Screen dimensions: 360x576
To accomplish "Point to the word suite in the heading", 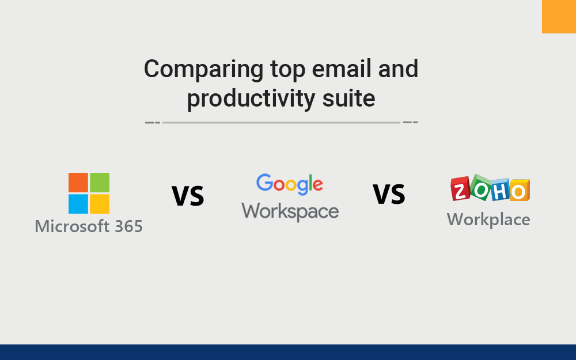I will click(x=349, y=98).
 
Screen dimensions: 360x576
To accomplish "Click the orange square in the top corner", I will click(x=559, y=16).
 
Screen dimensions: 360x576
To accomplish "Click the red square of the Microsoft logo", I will click(x=78, y=183).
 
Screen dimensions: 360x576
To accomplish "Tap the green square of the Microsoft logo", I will click(x=100, y=183).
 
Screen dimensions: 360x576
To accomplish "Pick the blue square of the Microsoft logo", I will click(x=78, y=204).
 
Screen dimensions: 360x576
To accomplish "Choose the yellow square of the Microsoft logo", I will click(x=100, y=204).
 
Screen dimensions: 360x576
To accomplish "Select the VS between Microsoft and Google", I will click(x=188, y=196).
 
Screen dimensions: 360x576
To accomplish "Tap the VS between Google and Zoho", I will click(x=389, y=195).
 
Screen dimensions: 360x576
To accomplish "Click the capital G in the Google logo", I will click(x=265, y=183).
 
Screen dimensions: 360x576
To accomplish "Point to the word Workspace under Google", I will click(x=290, y=211).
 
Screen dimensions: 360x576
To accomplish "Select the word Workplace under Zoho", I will click(x=488, y=219).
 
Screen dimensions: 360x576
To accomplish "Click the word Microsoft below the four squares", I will click(x=66, y=226).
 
